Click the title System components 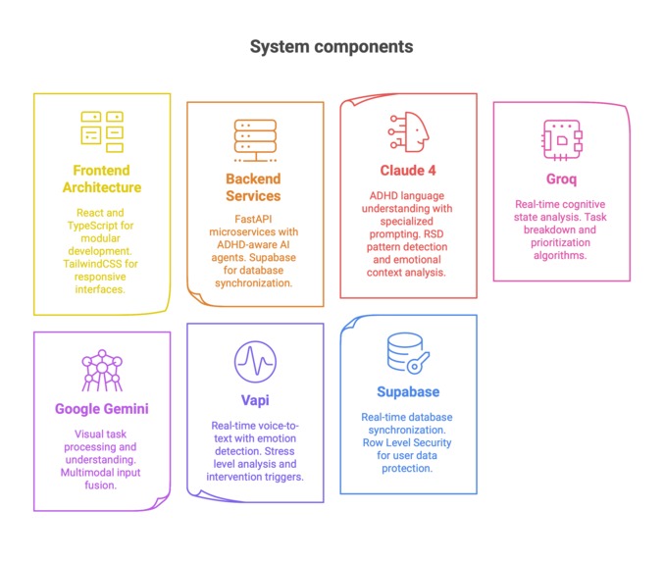tap(332, 46)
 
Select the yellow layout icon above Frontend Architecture tap(101, 130)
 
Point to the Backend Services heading tap(253, 187)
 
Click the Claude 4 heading tap(409, 171)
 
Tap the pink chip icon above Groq tap(561, 139)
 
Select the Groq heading tap(561, 179)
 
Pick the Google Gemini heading tap(101, 409)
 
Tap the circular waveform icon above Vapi tap(254, 361)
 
